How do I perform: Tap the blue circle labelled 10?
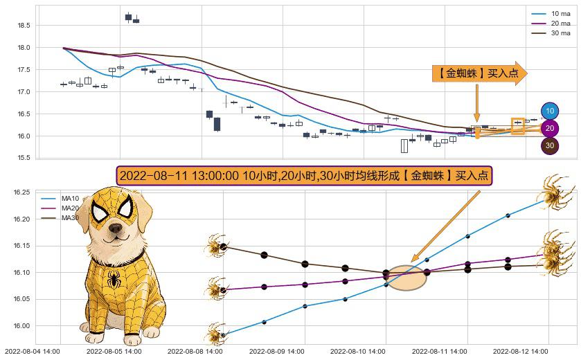(x=550, y=111)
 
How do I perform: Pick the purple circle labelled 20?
(x=550, y=128)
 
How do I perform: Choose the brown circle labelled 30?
(x=550, y=145)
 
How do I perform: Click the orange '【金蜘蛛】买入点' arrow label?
(x=478, y=73)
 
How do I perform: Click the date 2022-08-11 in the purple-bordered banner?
(x=148, y=176)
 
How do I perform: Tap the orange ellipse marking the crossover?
(x=406, y=278)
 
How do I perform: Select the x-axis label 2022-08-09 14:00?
(x=277, y=352)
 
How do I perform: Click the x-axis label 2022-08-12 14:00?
(x=520, y=352)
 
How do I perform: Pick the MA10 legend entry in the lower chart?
(x=70, y=199)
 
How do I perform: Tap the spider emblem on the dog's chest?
(x=114, y=280)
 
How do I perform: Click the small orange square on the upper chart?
(x=517, y=125)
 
